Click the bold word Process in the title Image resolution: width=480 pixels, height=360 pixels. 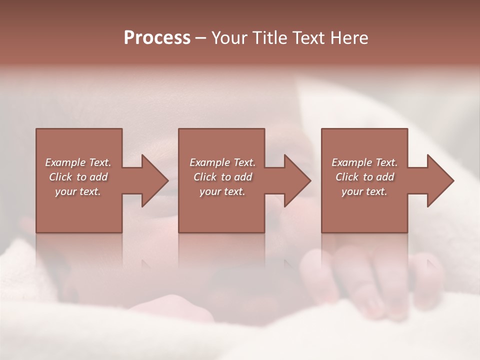[157, 38]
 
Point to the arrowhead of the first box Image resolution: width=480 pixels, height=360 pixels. [156, 180]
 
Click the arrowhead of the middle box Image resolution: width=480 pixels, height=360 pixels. [298, 180]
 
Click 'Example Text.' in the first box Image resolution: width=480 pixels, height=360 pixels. [78, 162]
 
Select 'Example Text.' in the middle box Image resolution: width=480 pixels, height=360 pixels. [222, 162]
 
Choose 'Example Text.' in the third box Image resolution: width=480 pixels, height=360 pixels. [364, 162]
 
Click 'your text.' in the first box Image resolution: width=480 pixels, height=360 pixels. [78, 191]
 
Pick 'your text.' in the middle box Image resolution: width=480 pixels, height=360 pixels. [222, 191]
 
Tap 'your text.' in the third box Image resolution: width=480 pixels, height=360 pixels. [364, 191]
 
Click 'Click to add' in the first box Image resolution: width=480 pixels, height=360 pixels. [78, 177]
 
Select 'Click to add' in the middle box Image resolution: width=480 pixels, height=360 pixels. [222, 177]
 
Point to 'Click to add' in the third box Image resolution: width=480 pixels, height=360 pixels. [364, 177]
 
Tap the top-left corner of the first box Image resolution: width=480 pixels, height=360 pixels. [36, 129]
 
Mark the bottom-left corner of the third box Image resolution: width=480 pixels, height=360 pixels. [322, 232]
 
